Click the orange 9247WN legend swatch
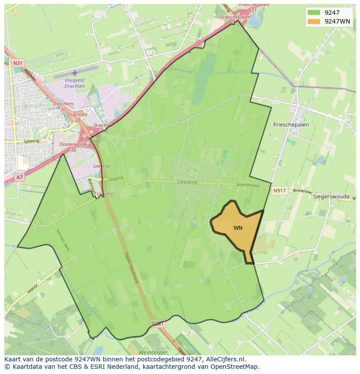(313, 21)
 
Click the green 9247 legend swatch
(313, 13)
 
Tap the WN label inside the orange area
(238, 228)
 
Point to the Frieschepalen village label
(291, 124)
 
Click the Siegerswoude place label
(331, 196)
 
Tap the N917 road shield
(280, 191)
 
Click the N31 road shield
(17, 63)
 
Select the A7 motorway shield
(20, 177)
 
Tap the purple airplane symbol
(74, 73)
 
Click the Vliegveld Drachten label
(74, 83)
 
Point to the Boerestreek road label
(248, 185)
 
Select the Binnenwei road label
(303, 191)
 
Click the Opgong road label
(116, 178)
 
